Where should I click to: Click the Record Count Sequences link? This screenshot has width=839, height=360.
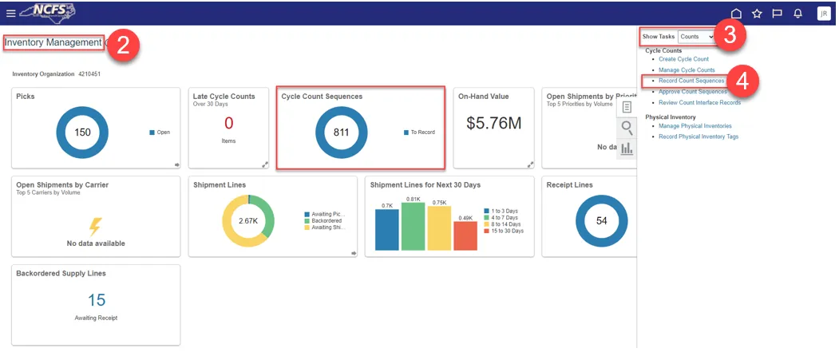(x=691, y=81)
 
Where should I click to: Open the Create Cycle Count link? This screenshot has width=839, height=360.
(x=683, y=59)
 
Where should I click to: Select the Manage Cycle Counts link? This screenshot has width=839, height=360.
(x=687, y=70)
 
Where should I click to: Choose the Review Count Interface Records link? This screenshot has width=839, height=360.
(x=699, y=102)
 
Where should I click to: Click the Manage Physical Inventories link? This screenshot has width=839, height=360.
(x=695, y=126)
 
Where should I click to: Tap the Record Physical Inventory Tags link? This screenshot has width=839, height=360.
(x=698, y=136)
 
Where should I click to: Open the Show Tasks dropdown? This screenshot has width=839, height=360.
(x=696, y=37)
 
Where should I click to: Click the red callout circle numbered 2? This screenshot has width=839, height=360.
(x=122, y=44)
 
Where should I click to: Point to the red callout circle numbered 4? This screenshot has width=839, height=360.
(x=742, y=81)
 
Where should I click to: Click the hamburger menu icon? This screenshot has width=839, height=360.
(x=10, y=14)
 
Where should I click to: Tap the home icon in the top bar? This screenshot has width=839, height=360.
(x=736, y=14)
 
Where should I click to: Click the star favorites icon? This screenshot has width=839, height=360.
(x=757, y=14)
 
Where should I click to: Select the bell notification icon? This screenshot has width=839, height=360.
(x=797, y=14)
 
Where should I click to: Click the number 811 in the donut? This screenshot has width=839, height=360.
(x=342, y=133)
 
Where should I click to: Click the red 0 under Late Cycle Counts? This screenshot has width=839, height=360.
(x=229, y=123)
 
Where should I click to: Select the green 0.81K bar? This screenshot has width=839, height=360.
(x=414, y=227)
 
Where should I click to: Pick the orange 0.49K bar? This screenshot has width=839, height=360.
(x=465, y=236)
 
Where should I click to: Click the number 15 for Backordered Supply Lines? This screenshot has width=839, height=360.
(x=97, y=300)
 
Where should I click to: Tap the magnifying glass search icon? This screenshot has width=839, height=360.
(x=627, y=128)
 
